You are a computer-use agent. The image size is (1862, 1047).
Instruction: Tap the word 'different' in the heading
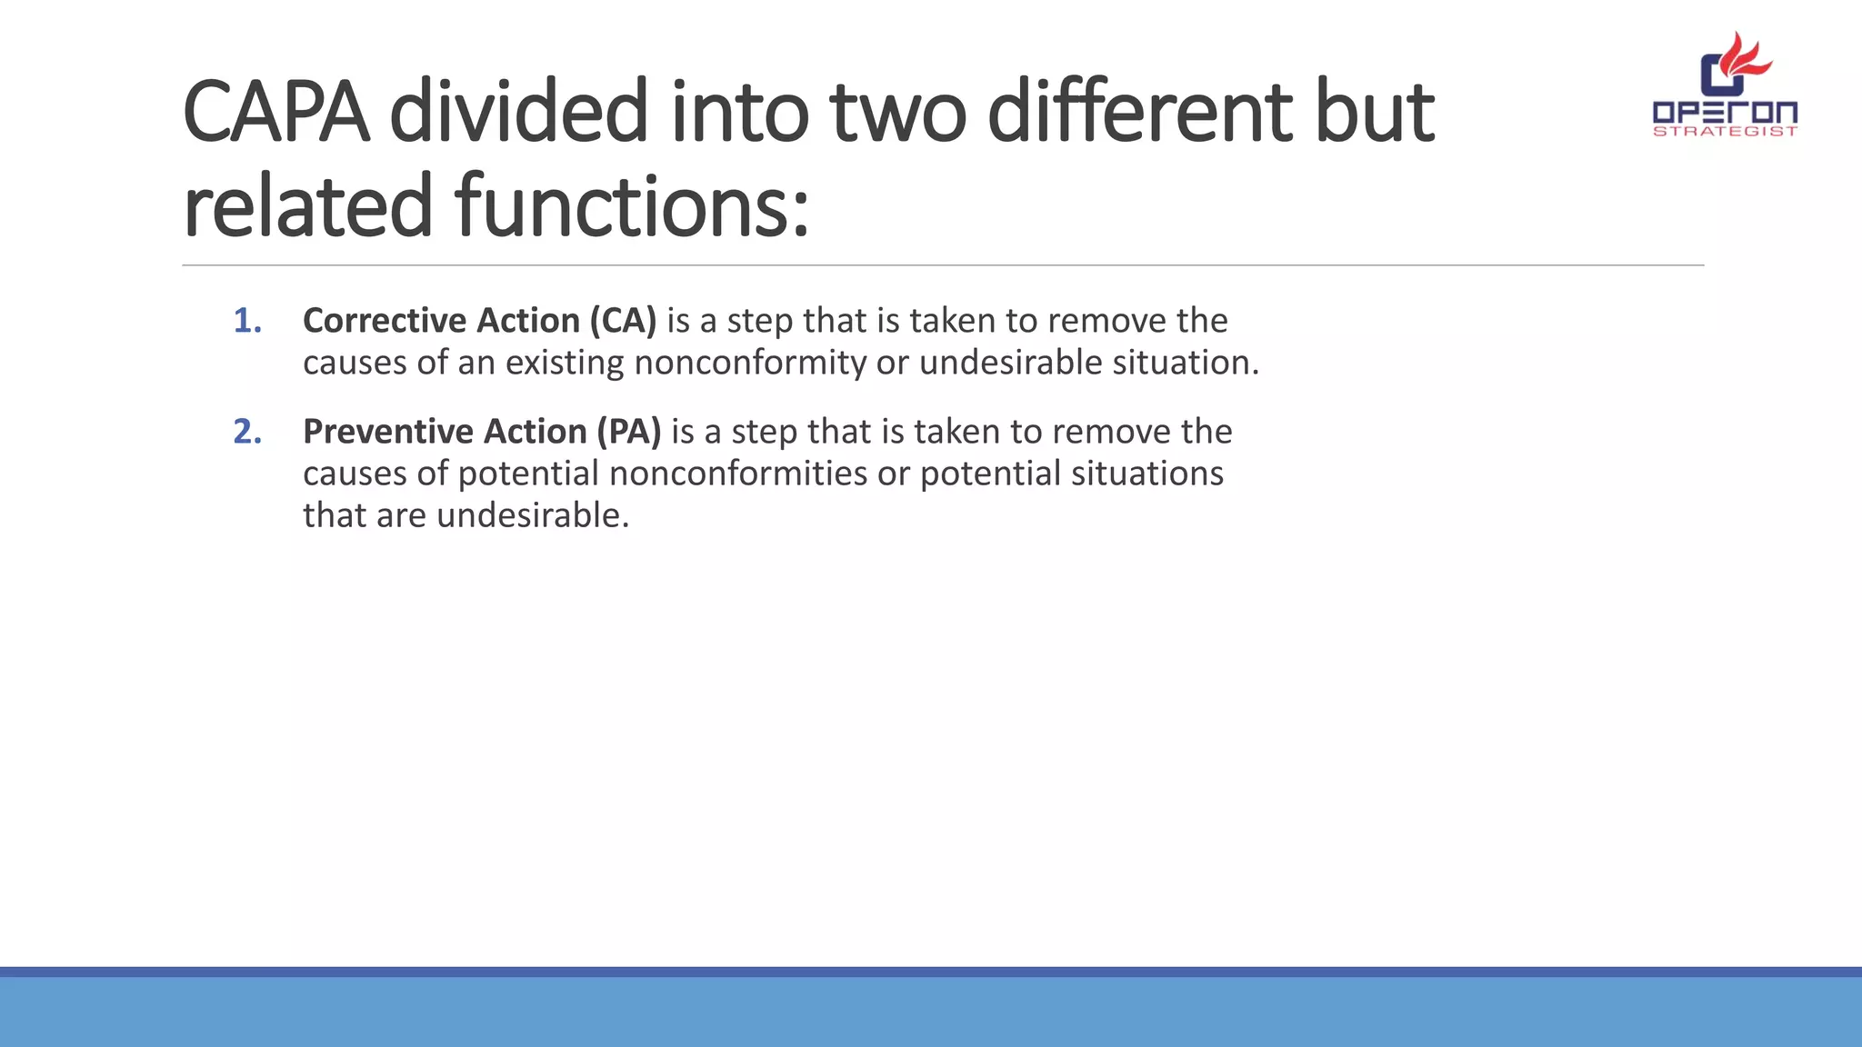coord(1139,113)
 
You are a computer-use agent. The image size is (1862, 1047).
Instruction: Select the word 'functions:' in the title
coord(632,207)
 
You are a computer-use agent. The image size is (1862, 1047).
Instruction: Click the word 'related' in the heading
coord(307,207)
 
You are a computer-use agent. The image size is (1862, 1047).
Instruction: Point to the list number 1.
coord(247,321)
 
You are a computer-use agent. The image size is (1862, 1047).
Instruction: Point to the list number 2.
coord(247,432)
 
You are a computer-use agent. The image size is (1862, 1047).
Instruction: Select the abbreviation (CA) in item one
coord(623,321)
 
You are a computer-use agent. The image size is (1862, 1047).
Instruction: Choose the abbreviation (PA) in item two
coord(628,432)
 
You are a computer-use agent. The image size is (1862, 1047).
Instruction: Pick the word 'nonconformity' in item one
coord(750,363)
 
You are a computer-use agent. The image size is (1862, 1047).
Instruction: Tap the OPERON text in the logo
coord(1725,113)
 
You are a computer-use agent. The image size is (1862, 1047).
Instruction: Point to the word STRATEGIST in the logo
coord(1725,132)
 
